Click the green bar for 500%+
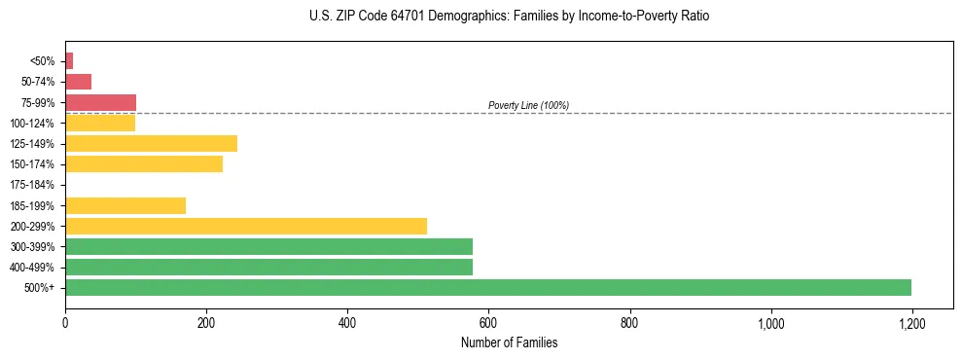point(488,287)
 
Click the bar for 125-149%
point(151,144)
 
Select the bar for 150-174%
point(144,164)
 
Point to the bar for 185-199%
point(125,205)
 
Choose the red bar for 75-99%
point(100,102)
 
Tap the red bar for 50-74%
point(78,82)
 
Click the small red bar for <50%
point(69,61)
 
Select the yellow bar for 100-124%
point(100,124)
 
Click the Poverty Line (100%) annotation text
point(528,105)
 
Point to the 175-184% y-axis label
point(32,185)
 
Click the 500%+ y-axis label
point(41,288)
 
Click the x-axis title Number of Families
point(509,342)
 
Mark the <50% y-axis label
point(43,61)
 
